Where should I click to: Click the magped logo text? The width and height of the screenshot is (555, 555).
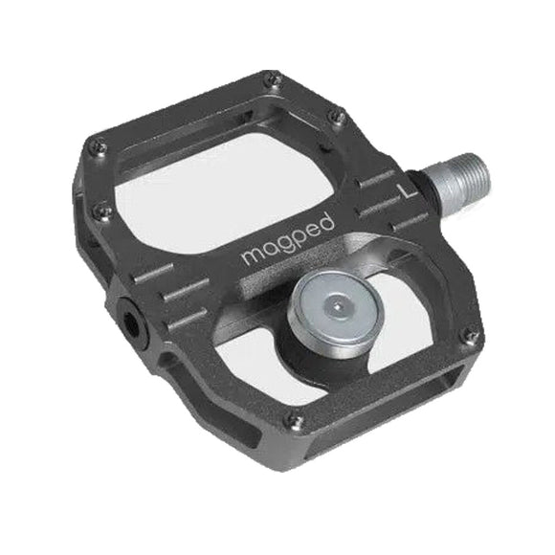tap(288, 239)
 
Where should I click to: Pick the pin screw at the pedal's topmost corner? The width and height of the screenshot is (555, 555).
tap(276, 78)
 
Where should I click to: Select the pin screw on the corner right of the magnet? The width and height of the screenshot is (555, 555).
tap(471, 335)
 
